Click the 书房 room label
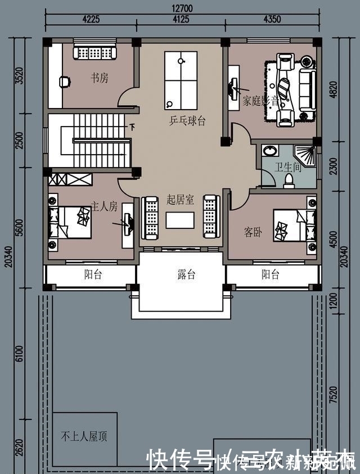(99, 79)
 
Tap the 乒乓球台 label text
(187, 121)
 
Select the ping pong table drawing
(181, 80)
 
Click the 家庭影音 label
(261, 102)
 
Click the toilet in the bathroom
(289, 180)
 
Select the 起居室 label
(180, 200)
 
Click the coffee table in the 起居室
(180, 220)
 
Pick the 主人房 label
(104, 207)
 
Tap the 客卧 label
(253, 232)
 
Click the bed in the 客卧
(292, 225)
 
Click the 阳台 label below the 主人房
(93, 275)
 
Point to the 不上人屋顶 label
(84, 436)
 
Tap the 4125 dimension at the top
(181, 20)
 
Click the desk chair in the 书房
(65, 82)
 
